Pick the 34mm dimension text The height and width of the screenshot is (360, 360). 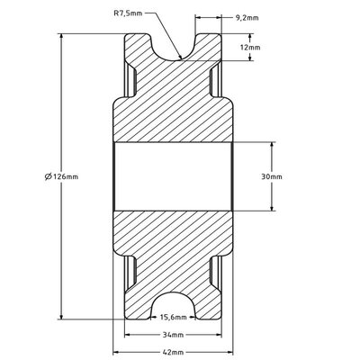pos(173,333)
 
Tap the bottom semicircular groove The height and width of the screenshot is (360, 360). pos(174,307)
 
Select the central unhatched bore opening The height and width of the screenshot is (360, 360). pos(174,176)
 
